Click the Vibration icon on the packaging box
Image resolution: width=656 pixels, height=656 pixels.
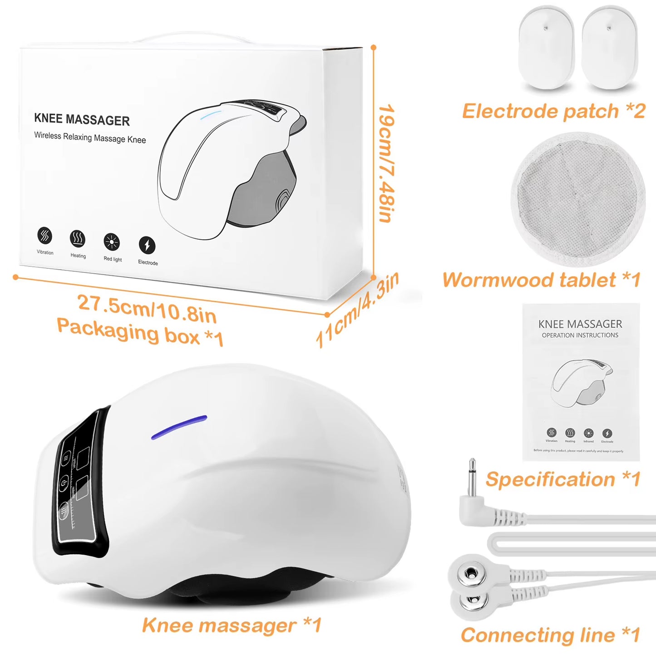click(44, 236)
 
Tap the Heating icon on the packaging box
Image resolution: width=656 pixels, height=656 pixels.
click(78, 238)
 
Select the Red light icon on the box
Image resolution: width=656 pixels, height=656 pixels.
click(112, 242)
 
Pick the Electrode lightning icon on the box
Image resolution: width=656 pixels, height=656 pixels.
click(147, 245)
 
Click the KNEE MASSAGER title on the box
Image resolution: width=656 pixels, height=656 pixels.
click(82, 119)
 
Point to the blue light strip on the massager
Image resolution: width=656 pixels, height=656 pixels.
click(179, 427)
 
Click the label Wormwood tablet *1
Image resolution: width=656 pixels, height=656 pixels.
click(541, 280)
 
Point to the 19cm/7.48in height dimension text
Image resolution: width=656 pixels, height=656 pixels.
click(386, 163)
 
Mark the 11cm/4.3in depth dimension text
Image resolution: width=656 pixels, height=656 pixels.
click(357, 310)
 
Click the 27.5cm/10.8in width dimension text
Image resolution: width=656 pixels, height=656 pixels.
click(147, 308)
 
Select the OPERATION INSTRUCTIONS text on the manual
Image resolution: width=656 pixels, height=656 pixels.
click(580, 335)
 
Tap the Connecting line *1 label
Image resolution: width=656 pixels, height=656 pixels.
click(550, 635)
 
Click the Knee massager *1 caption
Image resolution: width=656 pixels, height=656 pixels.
click(232, 625)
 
